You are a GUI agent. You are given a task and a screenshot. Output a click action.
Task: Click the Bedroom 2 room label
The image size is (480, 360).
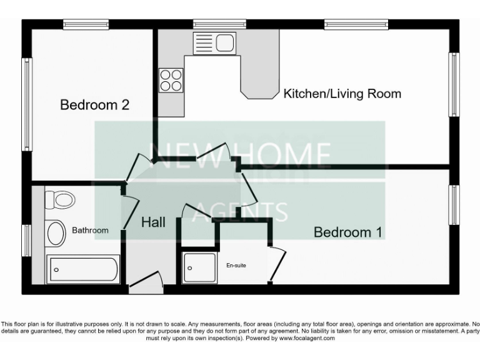(94, 105)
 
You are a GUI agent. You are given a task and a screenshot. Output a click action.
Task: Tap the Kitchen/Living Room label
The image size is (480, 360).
(342, 94)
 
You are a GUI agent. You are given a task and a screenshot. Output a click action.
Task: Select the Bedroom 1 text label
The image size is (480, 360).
(347, 232)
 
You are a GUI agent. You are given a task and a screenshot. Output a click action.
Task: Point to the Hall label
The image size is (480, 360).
(153, 222)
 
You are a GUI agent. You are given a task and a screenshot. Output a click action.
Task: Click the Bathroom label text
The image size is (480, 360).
(90, 231)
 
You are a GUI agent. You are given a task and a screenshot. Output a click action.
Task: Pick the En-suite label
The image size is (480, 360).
(236, 266)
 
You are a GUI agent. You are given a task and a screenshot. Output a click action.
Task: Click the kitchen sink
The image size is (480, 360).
(214, 43)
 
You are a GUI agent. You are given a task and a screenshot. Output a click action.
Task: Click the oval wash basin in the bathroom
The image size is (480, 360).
(56, 234)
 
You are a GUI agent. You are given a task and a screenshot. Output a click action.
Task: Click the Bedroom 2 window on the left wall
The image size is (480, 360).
(27, 104)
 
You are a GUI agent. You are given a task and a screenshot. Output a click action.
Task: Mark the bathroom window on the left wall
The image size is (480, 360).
(27, 240)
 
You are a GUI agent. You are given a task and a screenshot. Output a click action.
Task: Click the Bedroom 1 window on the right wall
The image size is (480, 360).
(454, 204)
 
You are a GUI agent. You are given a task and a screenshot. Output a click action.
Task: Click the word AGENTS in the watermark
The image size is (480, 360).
(239, 212)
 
